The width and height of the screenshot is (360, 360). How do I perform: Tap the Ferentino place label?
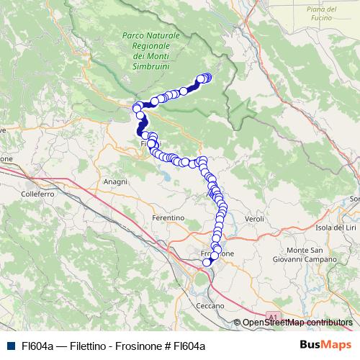click(x=168, y=217)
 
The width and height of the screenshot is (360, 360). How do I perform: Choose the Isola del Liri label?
click(x=336, y=228)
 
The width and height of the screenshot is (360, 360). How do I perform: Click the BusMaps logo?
click(x=322, y=345)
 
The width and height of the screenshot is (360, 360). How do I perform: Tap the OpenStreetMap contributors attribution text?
click(x=297, y=323)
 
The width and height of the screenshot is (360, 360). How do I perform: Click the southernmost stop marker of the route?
click(x=207, y=262)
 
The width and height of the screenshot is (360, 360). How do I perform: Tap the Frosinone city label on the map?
click(x=217, y=254)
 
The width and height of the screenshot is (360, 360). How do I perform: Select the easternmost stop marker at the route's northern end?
click(x=208, y=78)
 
